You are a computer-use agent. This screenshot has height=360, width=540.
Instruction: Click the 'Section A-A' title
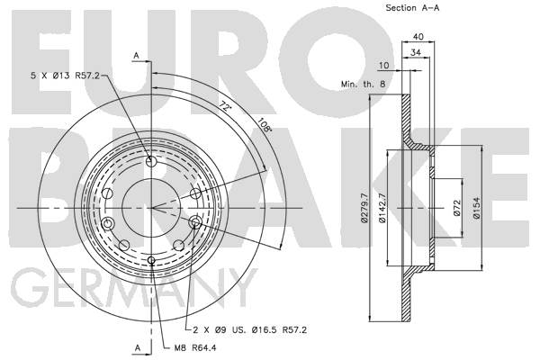point(412,8)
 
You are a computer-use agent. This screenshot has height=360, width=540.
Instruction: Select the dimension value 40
point(418,36)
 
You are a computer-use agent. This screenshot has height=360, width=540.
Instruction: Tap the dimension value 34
point(416,52)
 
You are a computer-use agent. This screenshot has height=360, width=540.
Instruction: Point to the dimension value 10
point(383,65)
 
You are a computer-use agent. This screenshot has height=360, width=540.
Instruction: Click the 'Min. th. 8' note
point(364,84)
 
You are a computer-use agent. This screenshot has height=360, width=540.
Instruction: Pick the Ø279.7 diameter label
point(364,208)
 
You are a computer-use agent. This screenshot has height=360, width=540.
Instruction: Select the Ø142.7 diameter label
point(382,208)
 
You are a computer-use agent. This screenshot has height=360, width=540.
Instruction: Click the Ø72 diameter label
point(457,208)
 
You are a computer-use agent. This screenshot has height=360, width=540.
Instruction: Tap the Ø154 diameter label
point(477,208)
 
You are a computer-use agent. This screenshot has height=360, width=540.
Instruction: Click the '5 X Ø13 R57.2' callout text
point(65,76)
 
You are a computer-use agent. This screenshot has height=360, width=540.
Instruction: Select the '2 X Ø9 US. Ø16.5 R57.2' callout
point(249,329)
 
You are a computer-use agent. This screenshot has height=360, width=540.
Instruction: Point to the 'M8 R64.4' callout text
point(195,348)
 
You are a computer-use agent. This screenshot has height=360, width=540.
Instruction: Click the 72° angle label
point(225,106)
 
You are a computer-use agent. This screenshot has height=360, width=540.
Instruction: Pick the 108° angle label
point(265,125)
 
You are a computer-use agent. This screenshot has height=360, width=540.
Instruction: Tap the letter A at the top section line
point(137,56)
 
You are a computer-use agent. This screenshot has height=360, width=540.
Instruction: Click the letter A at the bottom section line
point(138,348)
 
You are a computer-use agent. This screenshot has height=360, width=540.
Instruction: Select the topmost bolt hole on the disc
point(151,161)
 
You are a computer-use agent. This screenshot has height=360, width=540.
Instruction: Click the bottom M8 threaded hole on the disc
point(151,260)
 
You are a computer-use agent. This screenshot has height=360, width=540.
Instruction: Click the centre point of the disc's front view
point(151,208)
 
